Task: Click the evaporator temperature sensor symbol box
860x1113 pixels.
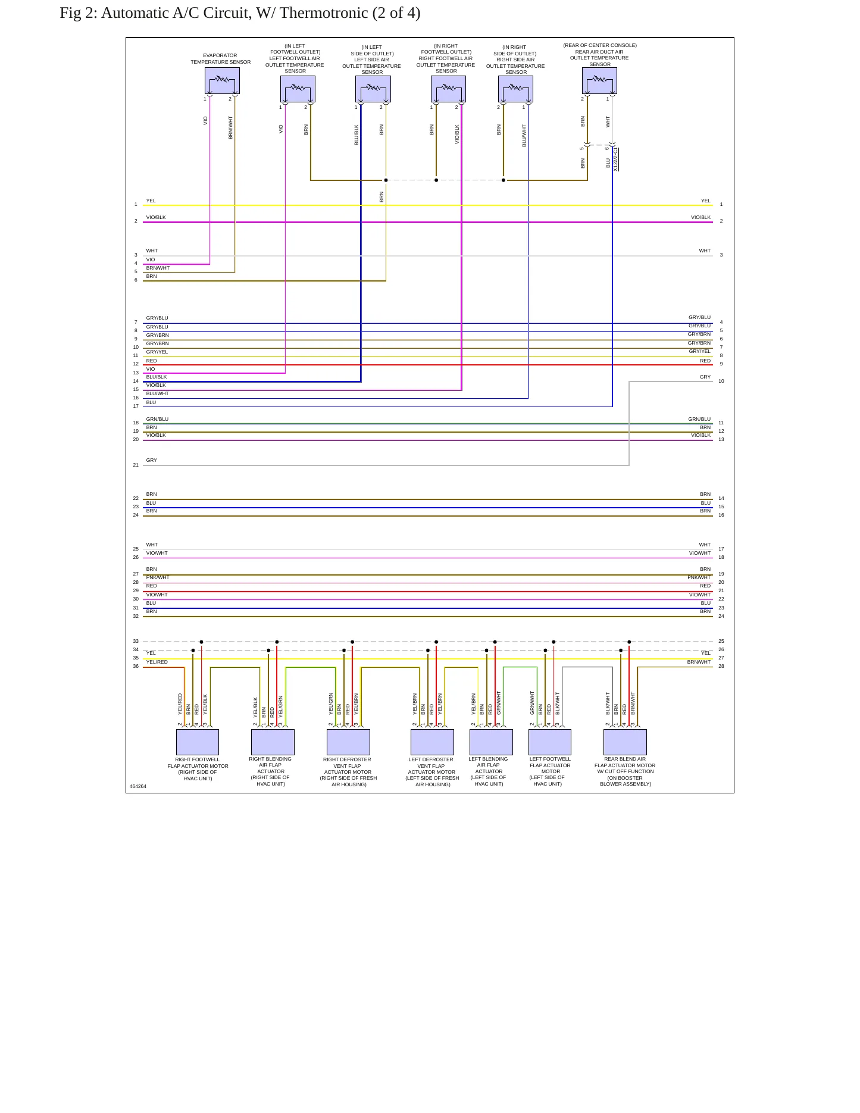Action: pyautogui.click(x=222, y=80)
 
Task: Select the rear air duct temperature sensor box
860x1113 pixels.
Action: pyautogui.click(x=599, y=80)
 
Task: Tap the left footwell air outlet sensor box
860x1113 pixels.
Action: pyautogui.click(x=298, y=89)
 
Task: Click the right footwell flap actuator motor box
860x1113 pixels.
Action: pyautogui.click(x=198, y=742)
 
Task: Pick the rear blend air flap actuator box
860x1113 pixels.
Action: pyautogui.click(x=625, y=742)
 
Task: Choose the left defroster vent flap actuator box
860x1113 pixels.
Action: pyautogui.click(x=432, y=742)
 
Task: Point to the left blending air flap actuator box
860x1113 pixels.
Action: pyautogui.click(x=491, y=742)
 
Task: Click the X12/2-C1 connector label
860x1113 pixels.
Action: pyautogui.click(x=615, y=160)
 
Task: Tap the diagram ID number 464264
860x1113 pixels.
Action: pyautogui.click(x=138, y=786)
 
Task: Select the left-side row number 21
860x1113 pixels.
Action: pyautogui.click(x=136, y=465)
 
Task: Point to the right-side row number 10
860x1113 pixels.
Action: pyautogui.click(x=721, y=381)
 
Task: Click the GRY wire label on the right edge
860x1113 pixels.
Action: pyautogui.click(x=705, y=377)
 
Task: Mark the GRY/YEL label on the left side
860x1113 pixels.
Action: pyautogui.click(x=157, y=352)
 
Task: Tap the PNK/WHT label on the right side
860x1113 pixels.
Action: pyautogui.click(x=699, y=577)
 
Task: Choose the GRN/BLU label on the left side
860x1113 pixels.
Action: pyautogui.click(x=157, y=419)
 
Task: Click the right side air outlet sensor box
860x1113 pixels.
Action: pyautogui.click(x=515, y=89)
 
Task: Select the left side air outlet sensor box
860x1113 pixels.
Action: pyautogui.click(x=373, y=89)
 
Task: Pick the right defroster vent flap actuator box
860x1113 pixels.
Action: pyautogui.click(x=348, y=742)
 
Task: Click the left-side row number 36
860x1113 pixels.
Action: pyautogui.click(x=136, y=666)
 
